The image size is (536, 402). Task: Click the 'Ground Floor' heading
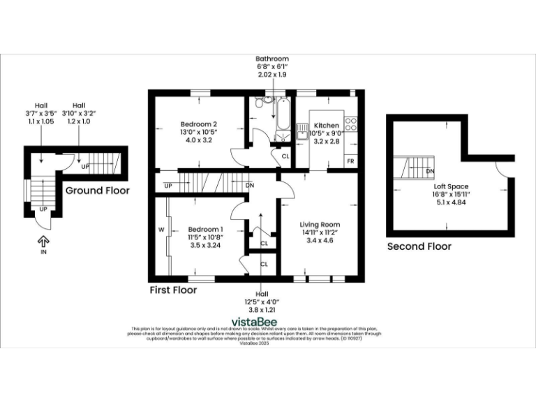pyautogui.click(x=97, y=191)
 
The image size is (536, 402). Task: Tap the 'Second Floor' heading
pyautogui.click(x=419, y=246)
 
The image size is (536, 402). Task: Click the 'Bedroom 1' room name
pyautogui.click(x=205, y=230)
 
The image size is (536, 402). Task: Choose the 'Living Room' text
pyautogui.click(x=320, y=225)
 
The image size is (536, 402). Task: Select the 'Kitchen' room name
pyautogui.click(x=325, y=126)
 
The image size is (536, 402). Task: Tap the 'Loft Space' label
pyautogui.click(x=451, y=186)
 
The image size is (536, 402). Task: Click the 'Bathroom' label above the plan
pyautogui.click(x=272, y=59)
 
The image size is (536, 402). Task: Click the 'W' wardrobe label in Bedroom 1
pyautogui.click(x=161, y=229)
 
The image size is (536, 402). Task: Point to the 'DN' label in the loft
pyautogui.click(x=430, y=171)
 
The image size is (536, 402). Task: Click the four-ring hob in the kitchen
pyautogui.click(x=351, y=124)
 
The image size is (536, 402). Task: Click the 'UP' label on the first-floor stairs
pyautogui.click(x=167, y=186)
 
